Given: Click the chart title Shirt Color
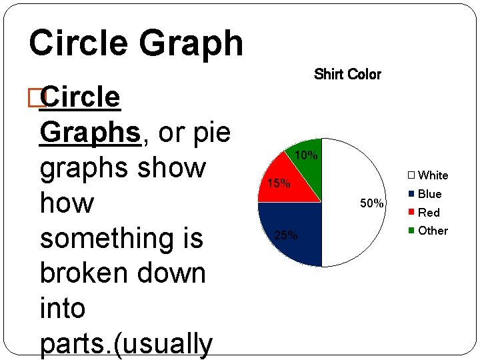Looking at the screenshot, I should tap(347, 74).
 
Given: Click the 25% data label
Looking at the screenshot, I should tap(286, 235).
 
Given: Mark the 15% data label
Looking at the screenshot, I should tap(278, 183).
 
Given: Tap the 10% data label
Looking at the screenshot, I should tap(306, 156).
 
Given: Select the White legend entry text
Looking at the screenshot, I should tap(433, 175).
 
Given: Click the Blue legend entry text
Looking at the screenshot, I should tap(430, 194).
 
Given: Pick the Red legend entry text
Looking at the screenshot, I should tap(429, 213).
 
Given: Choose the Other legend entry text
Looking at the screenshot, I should tap(433, 231).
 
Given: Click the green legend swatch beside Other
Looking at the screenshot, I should tap(411, 231).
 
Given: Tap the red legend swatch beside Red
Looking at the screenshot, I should tap(411, 213).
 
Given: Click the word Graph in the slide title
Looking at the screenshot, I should tap(191, 43).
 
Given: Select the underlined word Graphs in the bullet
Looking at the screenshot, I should tap(91, 132).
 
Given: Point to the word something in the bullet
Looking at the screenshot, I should tap(121, 238).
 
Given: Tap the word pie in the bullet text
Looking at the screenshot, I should tap(211, 132).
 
